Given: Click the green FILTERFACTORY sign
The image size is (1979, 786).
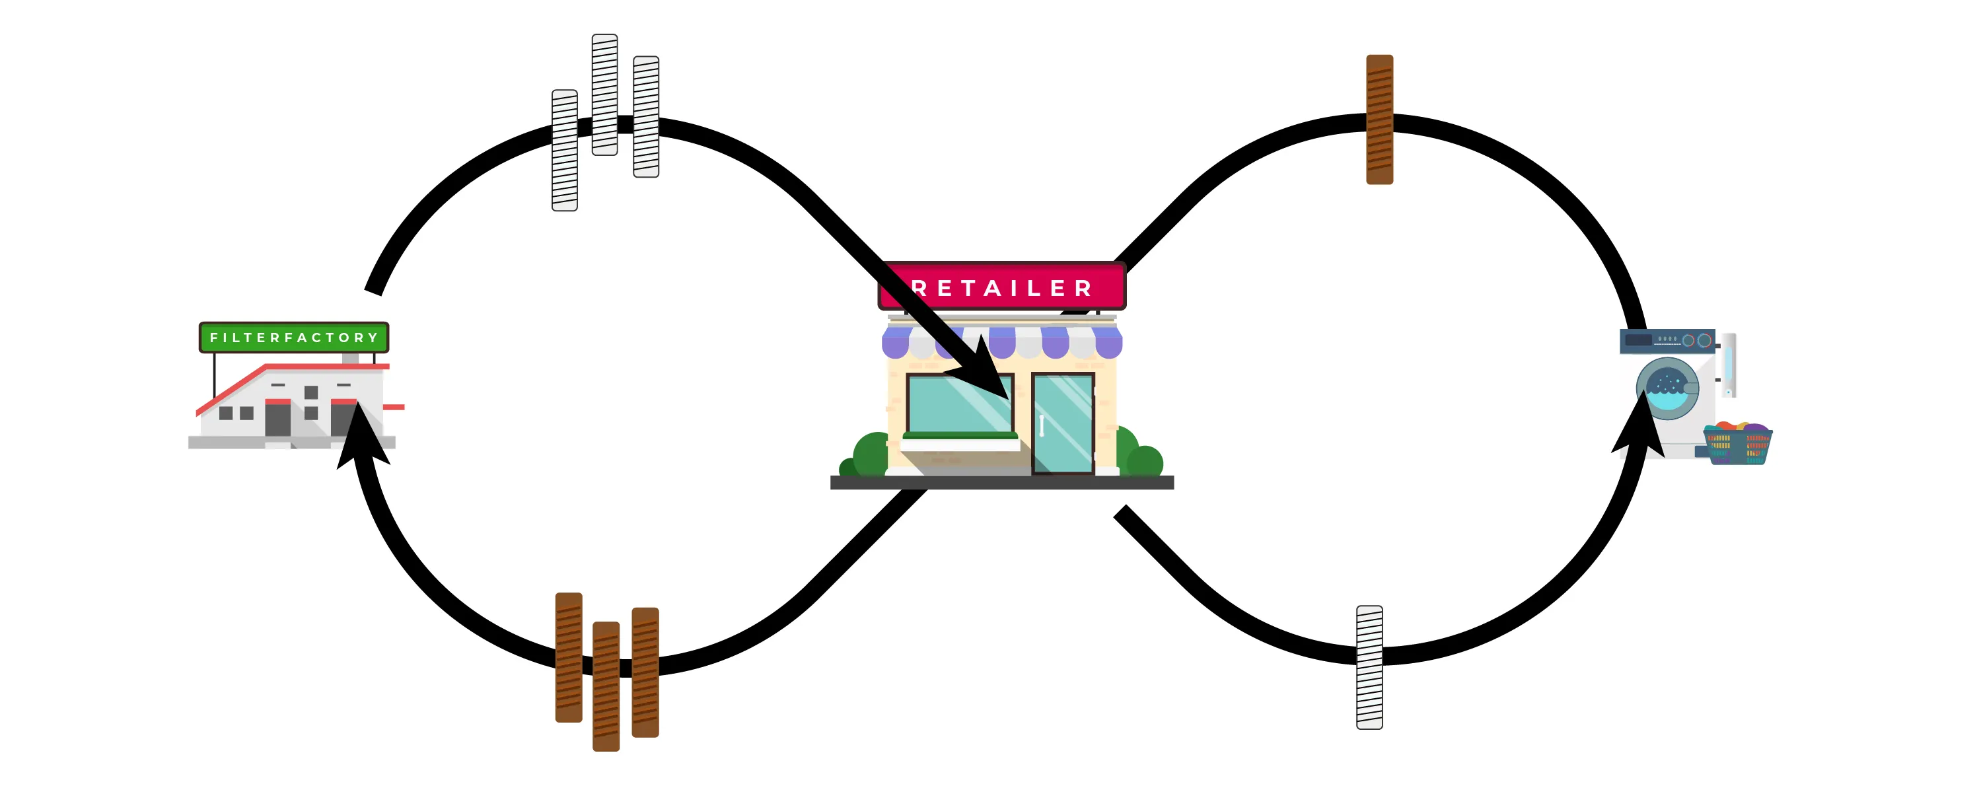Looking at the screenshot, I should point(293,338).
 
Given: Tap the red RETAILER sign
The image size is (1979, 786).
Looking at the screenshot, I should point(1002,287).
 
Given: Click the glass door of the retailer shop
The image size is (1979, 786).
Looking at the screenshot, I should point(1062,423).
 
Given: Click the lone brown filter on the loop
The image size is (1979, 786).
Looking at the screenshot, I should point(1379,119).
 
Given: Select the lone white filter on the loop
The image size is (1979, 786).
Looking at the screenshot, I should point(1369,667).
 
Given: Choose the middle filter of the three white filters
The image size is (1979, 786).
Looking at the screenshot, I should point(604,94).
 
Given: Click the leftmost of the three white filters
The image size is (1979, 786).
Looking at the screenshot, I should point(565,150).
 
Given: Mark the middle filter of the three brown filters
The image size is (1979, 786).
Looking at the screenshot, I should point(606,686).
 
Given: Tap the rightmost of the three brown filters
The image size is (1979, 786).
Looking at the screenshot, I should point(645,672).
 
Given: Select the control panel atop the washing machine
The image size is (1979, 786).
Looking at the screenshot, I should point(1667,340).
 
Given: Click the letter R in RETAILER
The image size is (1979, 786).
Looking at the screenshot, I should point(919,289).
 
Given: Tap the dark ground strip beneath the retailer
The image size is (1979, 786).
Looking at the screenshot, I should point(1002,483).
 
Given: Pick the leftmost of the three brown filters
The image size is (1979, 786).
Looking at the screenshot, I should point(569,657).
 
